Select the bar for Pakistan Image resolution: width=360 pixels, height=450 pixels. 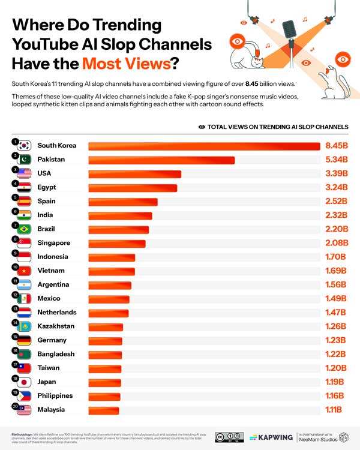click(x=161, y=160)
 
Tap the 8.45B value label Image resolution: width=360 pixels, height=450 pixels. click(x=336, y=146)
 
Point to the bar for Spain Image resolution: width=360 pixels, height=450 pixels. click(x=123, y=202)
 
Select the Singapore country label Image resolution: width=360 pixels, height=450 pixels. click(x=53, y=243)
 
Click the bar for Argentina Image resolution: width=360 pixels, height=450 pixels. click(x=110, y=285)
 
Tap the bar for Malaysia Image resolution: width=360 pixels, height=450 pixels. click(x=104, y=410)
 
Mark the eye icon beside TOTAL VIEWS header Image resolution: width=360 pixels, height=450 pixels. click(x=202, y=127)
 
